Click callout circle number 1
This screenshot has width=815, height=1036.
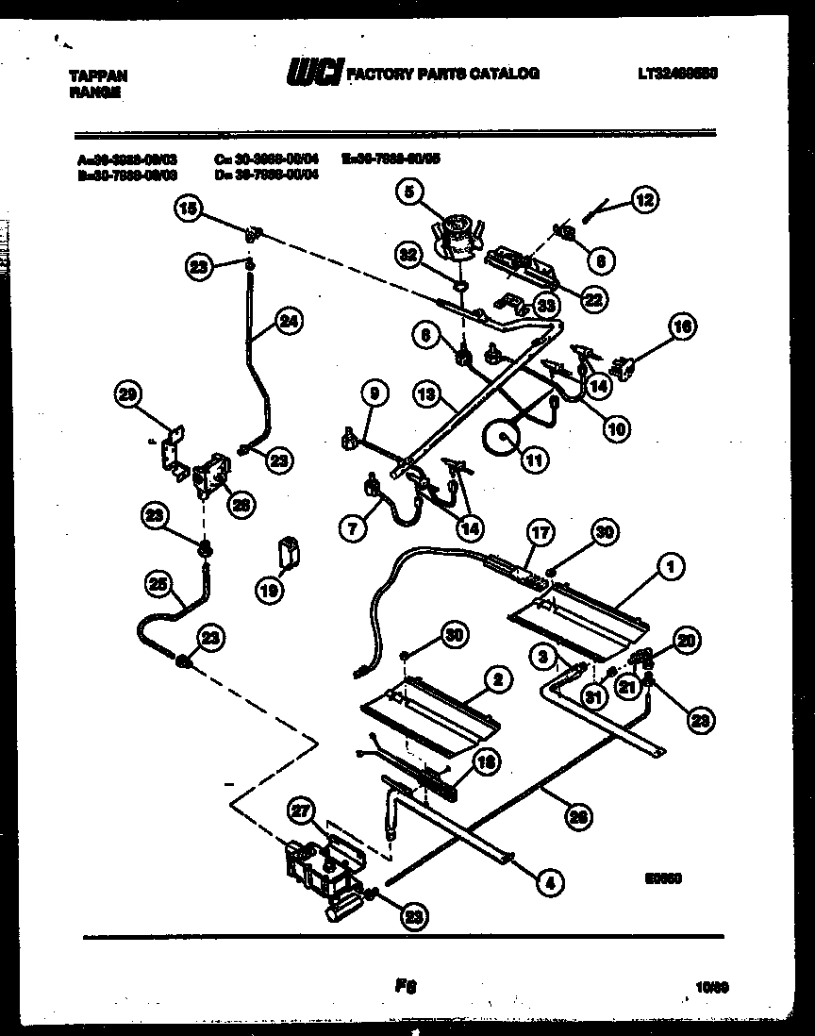[x=671, y=567]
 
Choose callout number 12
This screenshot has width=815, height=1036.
[x=645, y=199]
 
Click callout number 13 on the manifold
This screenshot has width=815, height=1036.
[x=429, y=395]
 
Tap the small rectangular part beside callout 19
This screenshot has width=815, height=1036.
[x=289, y=549]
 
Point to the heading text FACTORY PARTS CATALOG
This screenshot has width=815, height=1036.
[x=443, y=74]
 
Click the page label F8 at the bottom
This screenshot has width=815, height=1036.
[x=407, y=984]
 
